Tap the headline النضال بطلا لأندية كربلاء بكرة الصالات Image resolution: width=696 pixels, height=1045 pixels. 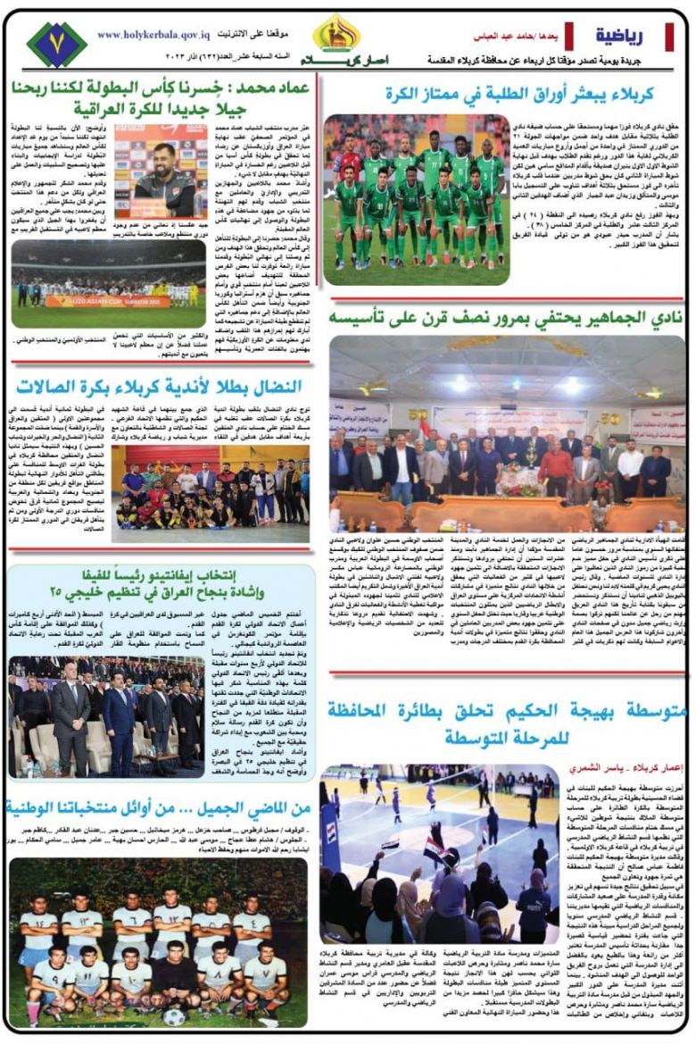pyautogui.click(x=159, y=386)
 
